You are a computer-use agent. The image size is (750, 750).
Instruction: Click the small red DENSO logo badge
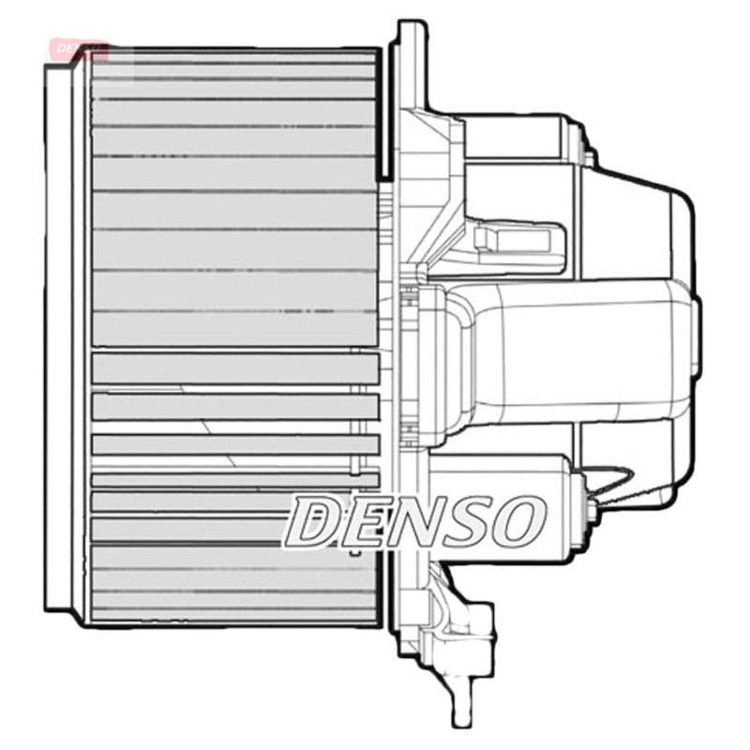[79, 47]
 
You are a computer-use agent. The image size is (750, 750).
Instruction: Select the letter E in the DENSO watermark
[361, 521]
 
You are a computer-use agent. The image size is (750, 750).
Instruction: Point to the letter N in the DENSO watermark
[412, 521]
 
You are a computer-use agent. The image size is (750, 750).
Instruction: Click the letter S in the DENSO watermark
[466, 521]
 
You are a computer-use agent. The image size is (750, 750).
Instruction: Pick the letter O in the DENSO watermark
[518, 521]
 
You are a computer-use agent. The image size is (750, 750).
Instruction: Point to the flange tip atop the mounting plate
[406, 33]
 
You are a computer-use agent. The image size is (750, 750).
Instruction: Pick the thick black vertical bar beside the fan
[385, 112]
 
